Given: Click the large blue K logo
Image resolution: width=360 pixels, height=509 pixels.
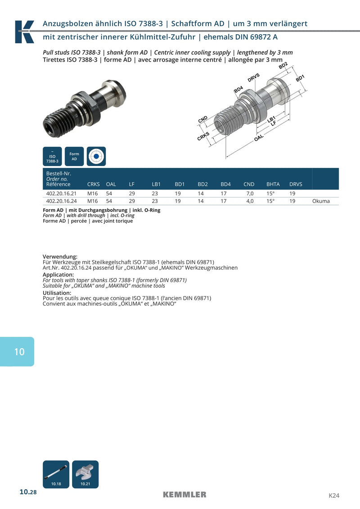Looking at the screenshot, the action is coord(24,32).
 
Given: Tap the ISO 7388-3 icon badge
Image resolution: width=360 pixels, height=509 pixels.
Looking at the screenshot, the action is coord(52,157).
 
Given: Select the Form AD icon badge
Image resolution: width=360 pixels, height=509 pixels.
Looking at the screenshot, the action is coord(74,157).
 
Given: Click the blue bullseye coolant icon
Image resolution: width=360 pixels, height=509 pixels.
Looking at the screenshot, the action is coord(96,157).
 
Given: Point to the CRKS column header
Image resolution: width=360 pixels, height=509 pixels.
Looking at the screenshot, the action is coord(94,184).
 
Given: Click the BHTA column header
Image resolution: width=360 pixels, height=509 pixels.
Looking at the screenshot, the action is coord(273,184).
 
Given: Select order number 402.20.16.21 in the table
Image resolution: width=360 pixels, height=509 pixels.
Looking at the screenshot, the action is coord(61,194).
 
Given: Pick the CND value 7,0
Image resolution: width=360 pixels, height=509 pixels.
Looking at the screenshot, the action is coord(250,194).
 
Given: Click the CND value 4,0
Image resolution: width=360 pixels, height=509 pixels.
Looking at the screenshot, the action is coord(250,201).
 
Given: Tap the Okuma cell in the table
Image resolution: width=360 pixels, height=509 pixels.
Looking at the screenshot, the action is coord(321,201).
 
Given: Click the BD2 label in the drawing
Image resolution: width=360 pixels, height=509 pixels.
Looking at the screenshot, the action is coord(283,66).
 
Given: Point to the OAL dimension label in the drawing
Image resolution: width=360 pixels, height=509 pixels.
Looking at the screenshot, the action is coord(259,138).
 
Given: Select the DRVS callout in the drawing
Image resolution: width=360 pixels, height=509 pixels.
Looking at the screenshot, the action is coord(253,77).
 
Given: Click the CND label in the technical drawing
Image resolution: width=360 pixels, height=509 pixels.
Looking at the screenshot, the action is coord(202,119).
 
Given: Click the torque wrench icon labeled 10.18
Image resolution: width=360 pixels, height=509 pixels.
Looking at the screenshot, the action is coord(56,474).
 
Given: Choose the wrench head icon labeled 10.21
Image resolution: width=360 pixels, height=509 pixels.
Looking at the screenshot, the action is coord(85,474).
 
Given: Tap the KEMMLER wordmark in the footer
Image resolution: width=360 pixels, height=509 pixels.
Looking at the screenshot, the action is coord(184,495).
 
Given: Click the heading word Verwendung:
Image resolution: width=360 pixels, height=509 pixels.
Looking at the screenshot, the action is coord(60,257).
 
